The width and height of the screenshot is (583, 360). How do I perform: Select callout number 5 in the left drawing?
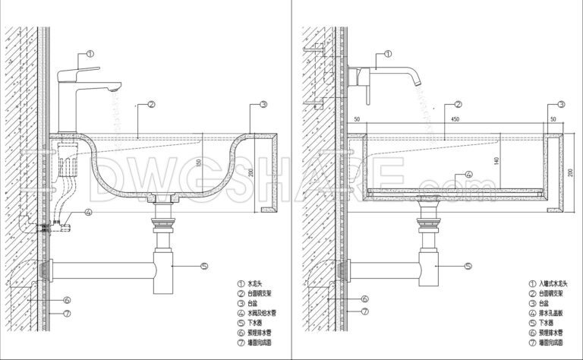click(204, 266)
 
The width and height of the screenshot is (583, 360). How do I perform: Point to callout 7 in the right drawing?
click(364, 311)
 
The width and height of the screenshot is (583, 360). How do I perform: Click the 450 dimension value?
click(455, 118)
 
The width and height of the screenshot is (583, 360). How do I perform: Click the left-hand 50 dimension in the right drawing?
click(355, 118)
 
